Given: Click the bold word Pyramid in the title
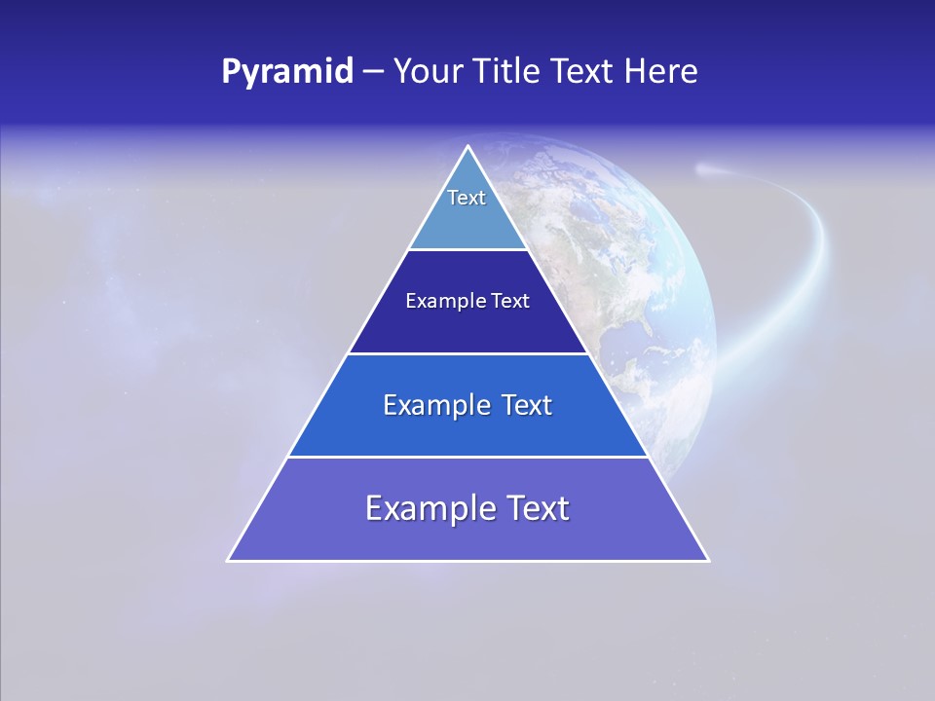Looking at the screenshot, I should pyautogui.click(x=287, y=72).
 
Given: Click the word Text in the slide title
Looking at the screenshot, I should pyautogui.click(x=584, y=72).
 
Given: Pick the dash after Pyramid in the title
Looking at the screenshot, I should pyautogui.click(x=373, y=72).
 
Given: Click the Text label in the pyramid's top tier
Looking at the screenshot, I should pyautogui.click(x=467, y=198).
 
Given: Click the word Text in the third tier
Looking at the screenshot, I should pyautogui.click(x=527, y=405).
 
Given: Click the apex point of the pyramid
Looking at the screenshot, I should pyautogui.click(x=468, y=147).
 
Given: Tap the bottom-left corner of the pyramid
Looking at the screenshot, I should pyautogui.click(x=229, y=560).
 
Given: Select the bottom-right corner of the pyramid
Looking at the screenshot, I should pyautogui.click(x=708, y=560).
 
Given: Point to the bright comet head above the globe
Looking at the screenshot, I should pyautogui.click(x=703, y=170).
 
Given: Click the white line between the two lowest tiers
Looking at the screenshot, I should pyautogui.click(x=468, y=457).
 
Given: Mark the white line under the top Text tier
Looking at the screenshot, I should pyautogui.click(x=468, y=250).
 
